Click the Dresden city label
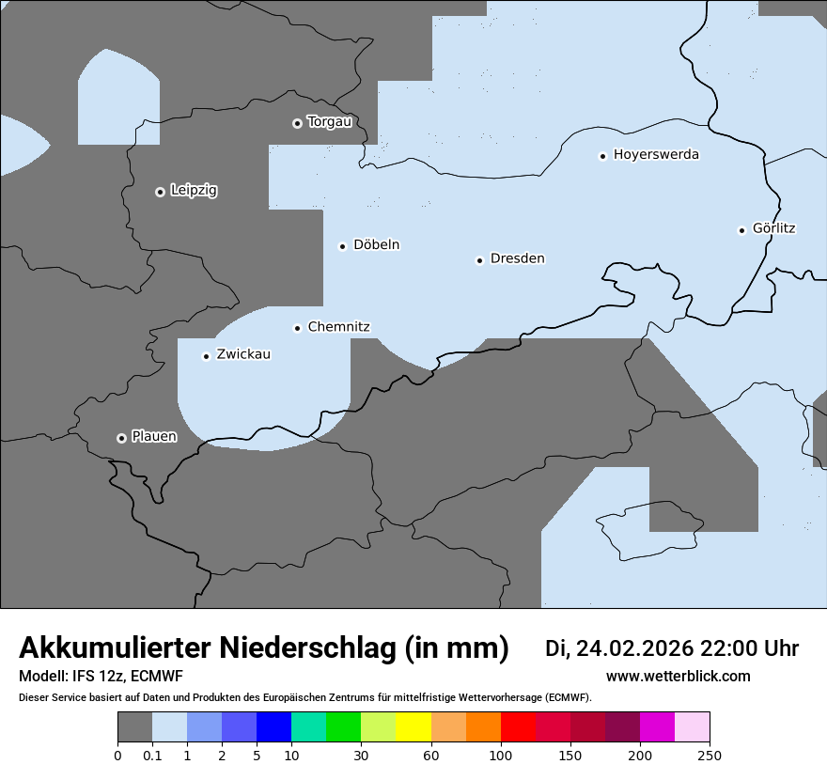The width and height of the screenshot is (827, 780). click(x=517, y=258)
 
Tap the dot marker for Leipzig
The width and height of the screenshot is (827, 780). click(x=160, y=192)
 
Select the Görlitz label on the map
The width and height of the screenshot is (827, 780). click(x=773, y=228)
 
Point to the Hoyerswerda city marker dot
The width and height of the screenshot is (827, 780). click(x=602, y=156)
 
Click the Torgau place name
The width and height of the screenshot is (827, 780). click(x=329, y=122)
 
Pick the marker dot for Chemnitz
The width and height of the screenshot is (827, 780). click(x=297, y=328)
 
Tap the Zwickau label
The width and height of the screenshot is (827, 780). click(x=243, y=354)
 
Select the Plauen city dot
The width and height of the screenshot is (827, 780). click(x=121, y=438)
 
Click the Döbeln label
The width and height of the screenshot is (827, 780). click(x=376, y=245)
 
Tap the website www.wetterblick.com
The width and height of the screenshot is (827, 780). click(x=678, y=677)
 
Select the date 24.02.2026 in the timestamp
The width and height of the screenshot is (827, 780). click(x=635, y=648)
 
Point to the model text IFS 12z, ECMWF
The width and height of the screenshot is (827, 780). click(x=122, y=677)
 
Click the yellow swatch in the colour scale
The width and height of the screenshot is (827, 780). click(x=413, y=727)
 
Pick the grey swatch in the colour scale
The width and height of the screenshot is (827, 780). click(x=134, y=727)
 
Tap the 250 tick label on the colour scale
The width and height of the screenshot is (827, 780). click(x=710, y=755)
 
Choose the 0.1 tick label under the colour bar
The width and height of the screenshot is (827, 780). click(x=152, y=755)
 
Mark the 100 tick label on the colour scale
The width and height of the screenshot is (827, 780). click(x=501, y=755)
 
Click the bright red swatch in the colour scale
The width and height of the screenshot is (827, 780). click(x=518, y=727)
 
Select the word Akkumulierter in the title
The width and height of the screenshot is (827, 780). click(x=115, y=648)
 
